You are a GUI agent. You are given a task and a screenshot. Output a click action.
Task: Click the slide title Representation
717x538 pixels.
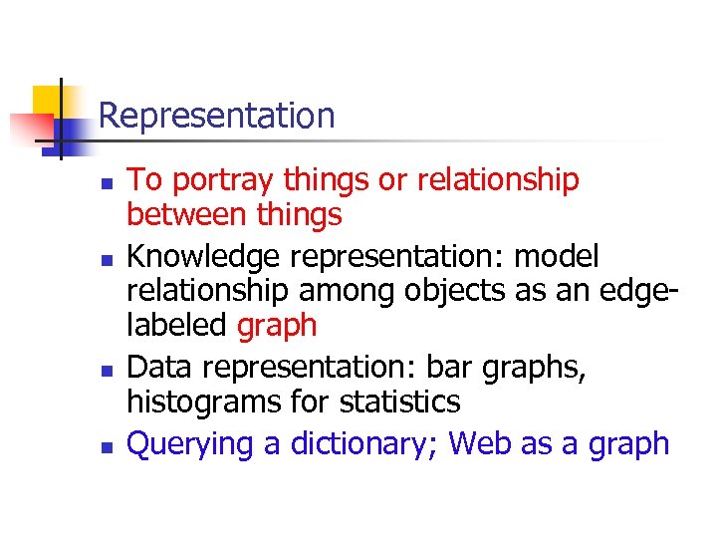(x=217, y=117)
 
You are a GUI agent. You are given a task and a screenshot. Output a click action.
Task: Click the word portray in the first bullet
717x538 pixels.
(x=223, y=180)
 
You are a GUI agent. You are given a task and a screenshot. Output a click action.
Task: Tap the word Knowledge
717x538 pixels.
(x=205, y=257)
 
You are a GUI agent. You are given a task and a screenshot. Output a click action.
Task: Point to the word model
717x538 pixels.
(x=556, y=257)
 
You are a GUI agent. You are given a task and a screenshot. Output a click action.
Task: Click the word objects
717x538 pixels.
(x=472, y=291)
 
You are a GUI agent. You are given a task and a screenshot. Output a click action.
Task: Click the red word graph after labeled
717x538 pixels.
(x=277, y=326)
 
